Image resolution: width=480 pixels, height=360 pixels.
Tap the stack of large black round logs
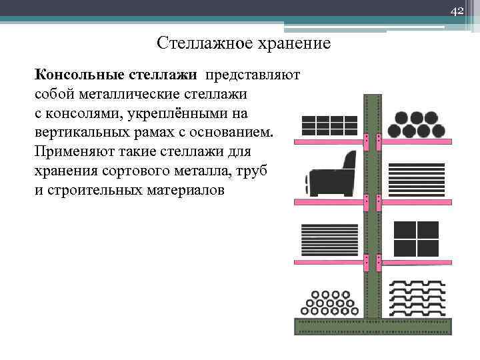(417, 123)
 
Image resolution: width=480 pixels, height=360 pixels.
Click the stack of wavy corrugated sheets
(417, 299)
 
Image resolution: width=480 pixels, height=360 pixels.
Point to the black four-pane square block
(416, 238)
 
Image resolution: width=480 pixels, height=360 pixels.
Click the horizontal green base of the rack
(373, 326)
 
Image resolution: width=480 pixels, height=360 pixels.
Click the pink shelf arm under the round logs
(417, 142)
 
